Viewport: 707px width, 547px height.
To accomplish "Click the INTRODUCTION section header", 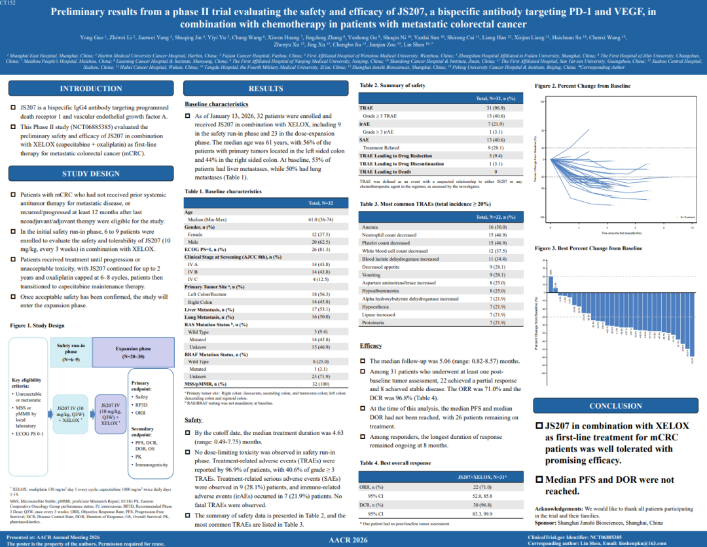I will pyautogui.click(x=91, y=88).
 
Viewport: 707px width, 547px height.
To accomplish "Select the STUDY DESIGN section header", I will pyautogui.click(x=91, y=174).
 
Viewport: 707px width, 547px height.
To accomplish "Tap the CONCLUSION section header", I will pyautogui.click(x=615, y=406).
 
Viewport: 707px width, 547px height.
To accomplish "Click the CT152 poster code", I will pyautogui.click(x=10, y=4).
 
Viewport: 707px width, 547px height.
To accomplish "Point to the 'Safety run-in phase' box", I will pyautogui.click(x=70, y=352).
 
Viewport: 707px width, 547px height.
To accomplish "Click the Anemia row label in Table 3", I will pyautogui.click(x=370, y=227).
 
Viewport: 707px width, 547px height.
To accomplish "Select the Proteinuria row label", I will pyautogui.click(x=374, y=322).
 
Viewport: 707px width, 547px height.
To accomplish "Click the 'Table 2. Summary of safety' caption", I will pyautogui.click(x=393, y=86).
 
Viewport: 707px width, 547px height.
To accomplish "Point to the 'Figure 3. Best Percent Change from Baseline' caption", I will pyautogui.click(x=589, y=248).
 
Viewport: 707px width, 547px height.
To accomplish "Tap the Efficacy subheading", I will pyautogui.click(x=371, y=345).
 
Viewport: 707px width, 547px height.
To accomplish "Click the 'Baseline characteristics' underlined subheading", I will pyautogui.click(x=216, y=104).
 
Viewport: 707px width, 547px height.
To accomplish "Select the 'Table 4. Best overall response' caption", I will pyautogui.click(x=395, y=463).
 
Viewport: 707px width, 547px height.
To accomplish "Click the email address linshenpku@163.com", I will pyautogui.click(x=668, y=543).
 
